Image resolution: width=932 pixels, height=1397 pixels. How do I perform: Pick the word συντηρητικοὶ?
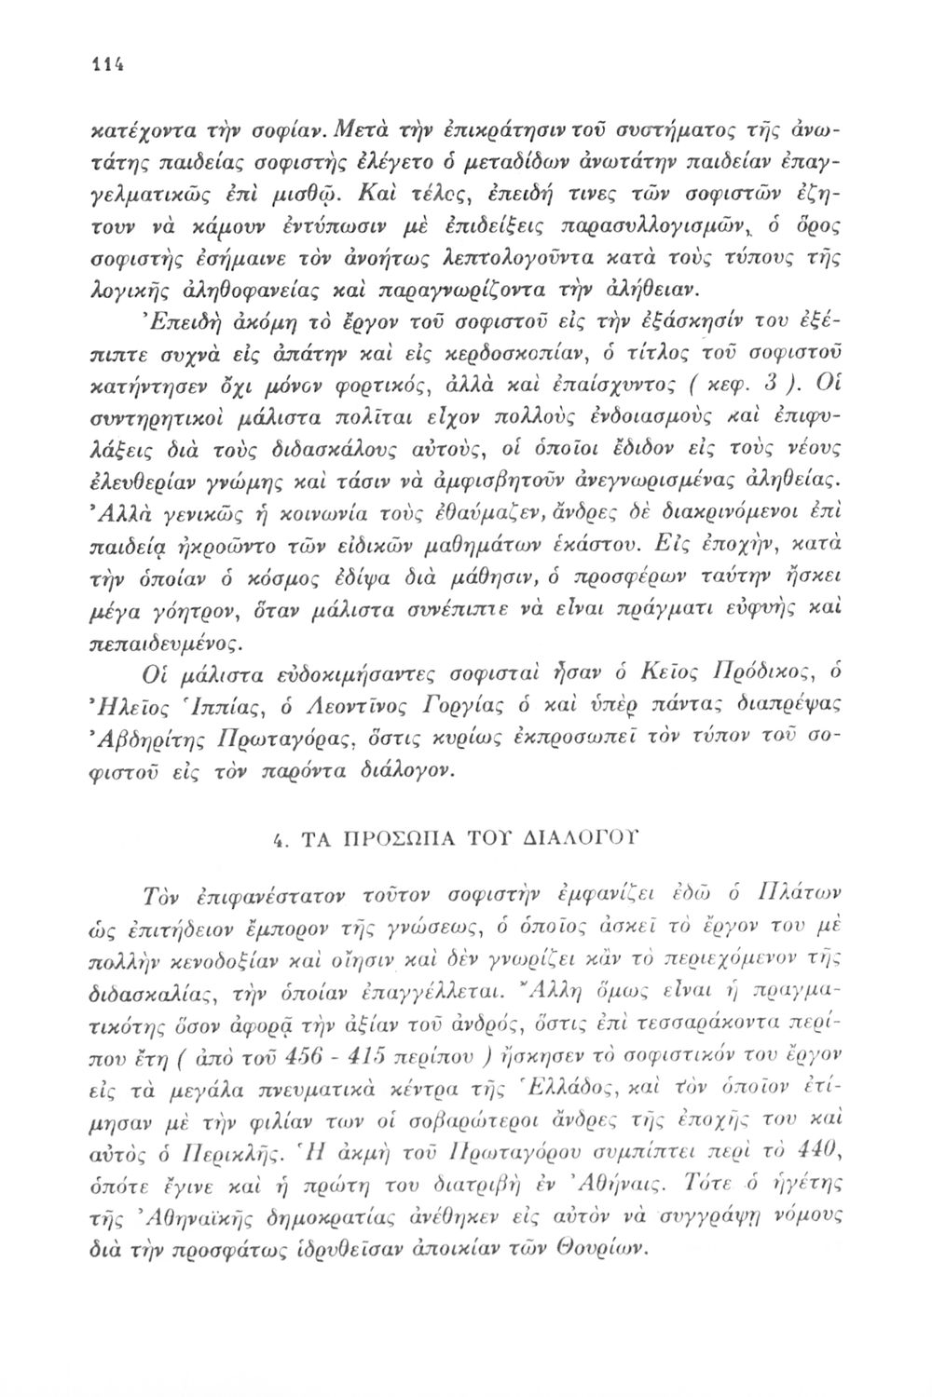click(x=153, y=411)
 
